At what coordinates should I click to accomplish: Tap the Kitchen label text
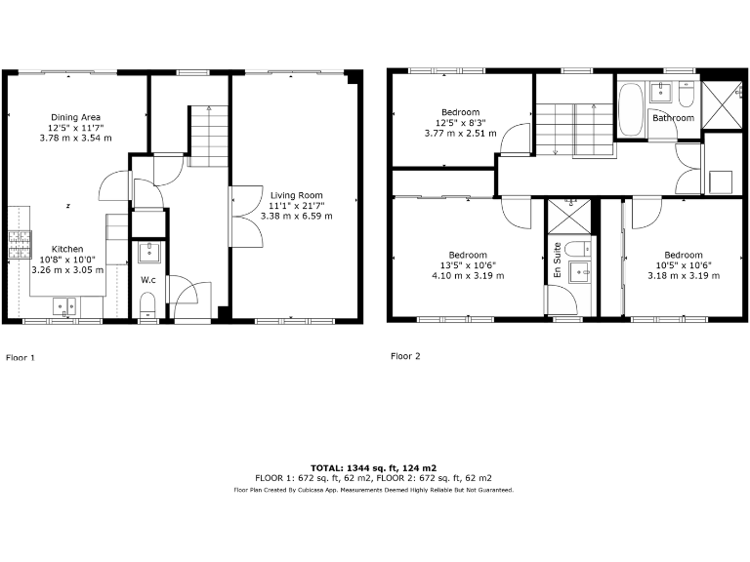(x=67, y=249)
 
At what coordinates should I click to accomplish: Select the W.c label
(x=148, y=280)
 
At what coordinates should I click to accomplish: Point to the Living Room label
(x=296, y=195)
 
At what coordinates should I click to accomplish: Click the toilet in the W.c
(x=148, y=310)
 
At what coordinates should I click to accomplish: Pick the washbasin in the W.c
(x=148, y=253)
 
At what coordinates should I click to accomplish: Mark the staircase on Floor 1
(x=208, y=136)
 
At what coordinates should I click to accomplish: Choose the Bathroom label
(x=673, y=118)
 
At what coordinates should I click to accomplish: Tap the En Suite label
(x=557, y=260)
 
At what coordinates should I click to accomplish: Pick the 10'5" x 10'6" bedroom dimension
(x=683, y=265)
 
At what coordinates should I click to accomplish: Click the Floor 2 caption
(x=405, y=356)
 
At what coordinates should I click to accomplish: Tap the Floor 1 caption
(x=21, y=358)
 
